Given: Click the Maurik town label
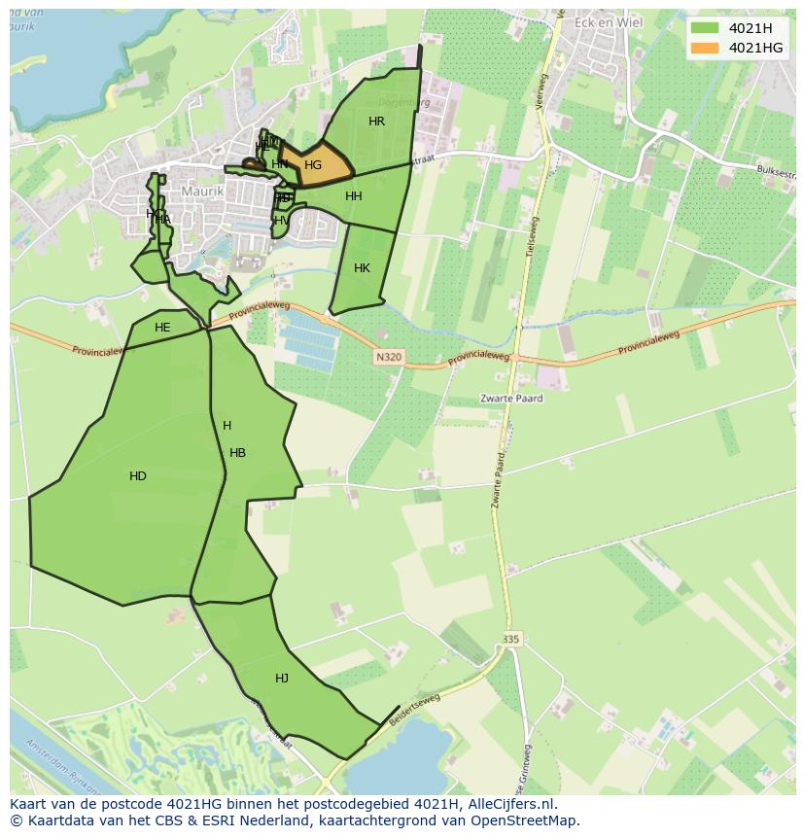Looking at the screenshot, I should tap(202, 192).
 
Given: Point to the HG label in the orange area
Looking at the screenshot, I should tap(313, 165).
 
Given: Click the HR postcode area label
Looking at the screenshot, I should tap(377, 122).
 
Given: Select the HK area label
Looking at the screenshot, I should tap(362, 268).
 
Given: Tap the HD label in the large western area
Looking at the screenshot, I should tap(138, 476).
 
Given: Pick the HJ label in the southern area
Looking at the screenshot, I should tap(282, 679).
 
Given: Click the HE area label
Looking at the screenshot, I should tap(162, 328).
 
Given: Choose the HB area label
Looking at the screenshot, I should tap(237, 453).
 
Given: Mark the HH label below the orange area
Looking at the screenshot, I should tap(354, 196).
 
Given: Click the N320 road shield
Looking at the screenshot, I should tap(388, 358).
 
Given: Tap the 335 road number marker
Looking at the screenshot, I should tap(511, 639).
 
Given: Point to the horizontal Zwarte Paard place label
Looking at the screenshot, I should tap(511, 399).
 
